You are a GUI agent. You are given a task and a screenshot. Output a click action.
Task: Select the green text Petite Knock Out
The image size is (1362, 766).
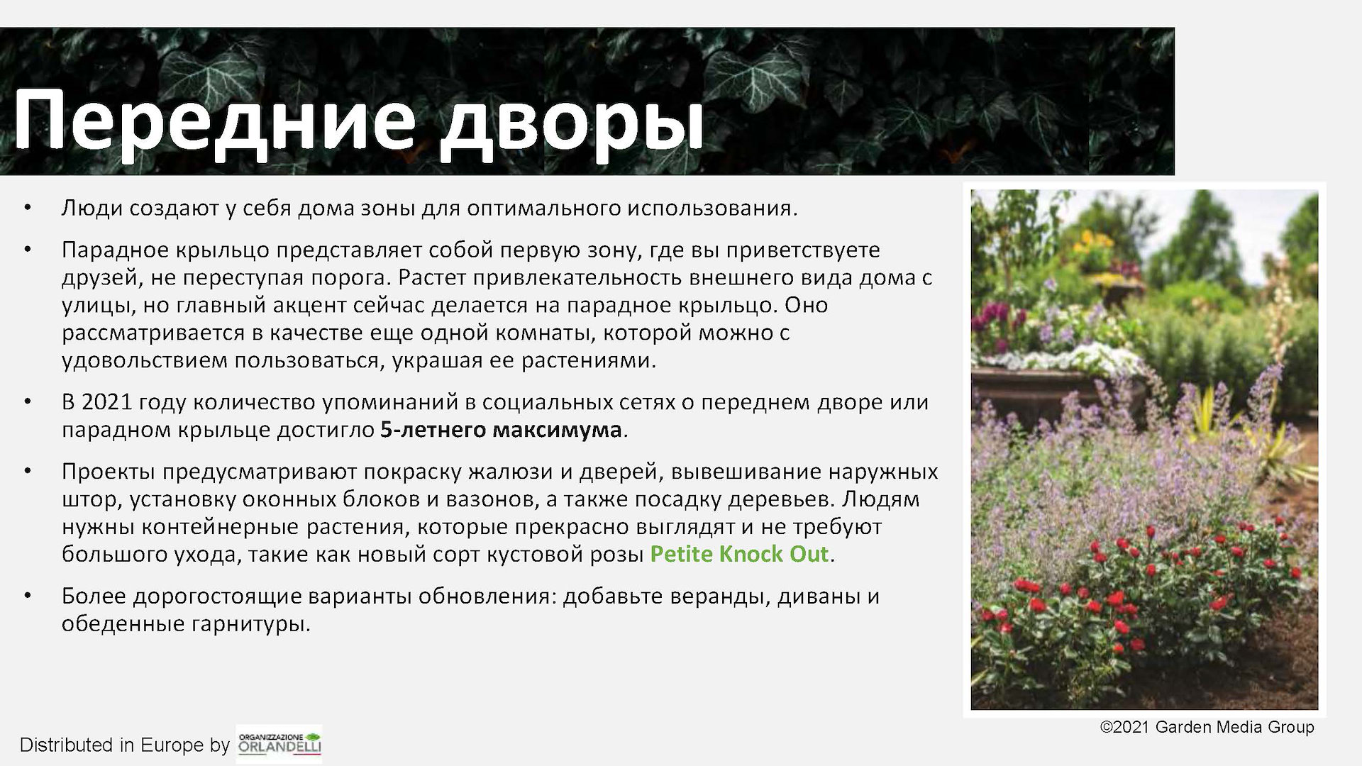pyautogui.click(x=739, y=554)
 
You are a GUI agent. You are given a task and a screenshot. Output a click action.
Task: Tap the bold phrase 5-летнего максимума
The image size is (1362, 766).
pyautogui.click(x=501, y=431)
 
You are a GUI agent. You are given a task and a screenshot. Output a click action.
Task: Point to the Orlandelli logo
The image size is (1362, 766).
pyautogui.click(x=279, y=744)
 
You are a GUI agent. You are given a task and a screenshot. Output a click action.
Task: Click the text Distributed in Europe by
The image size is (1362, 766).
pyautogui.click(x=125, y=745)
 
